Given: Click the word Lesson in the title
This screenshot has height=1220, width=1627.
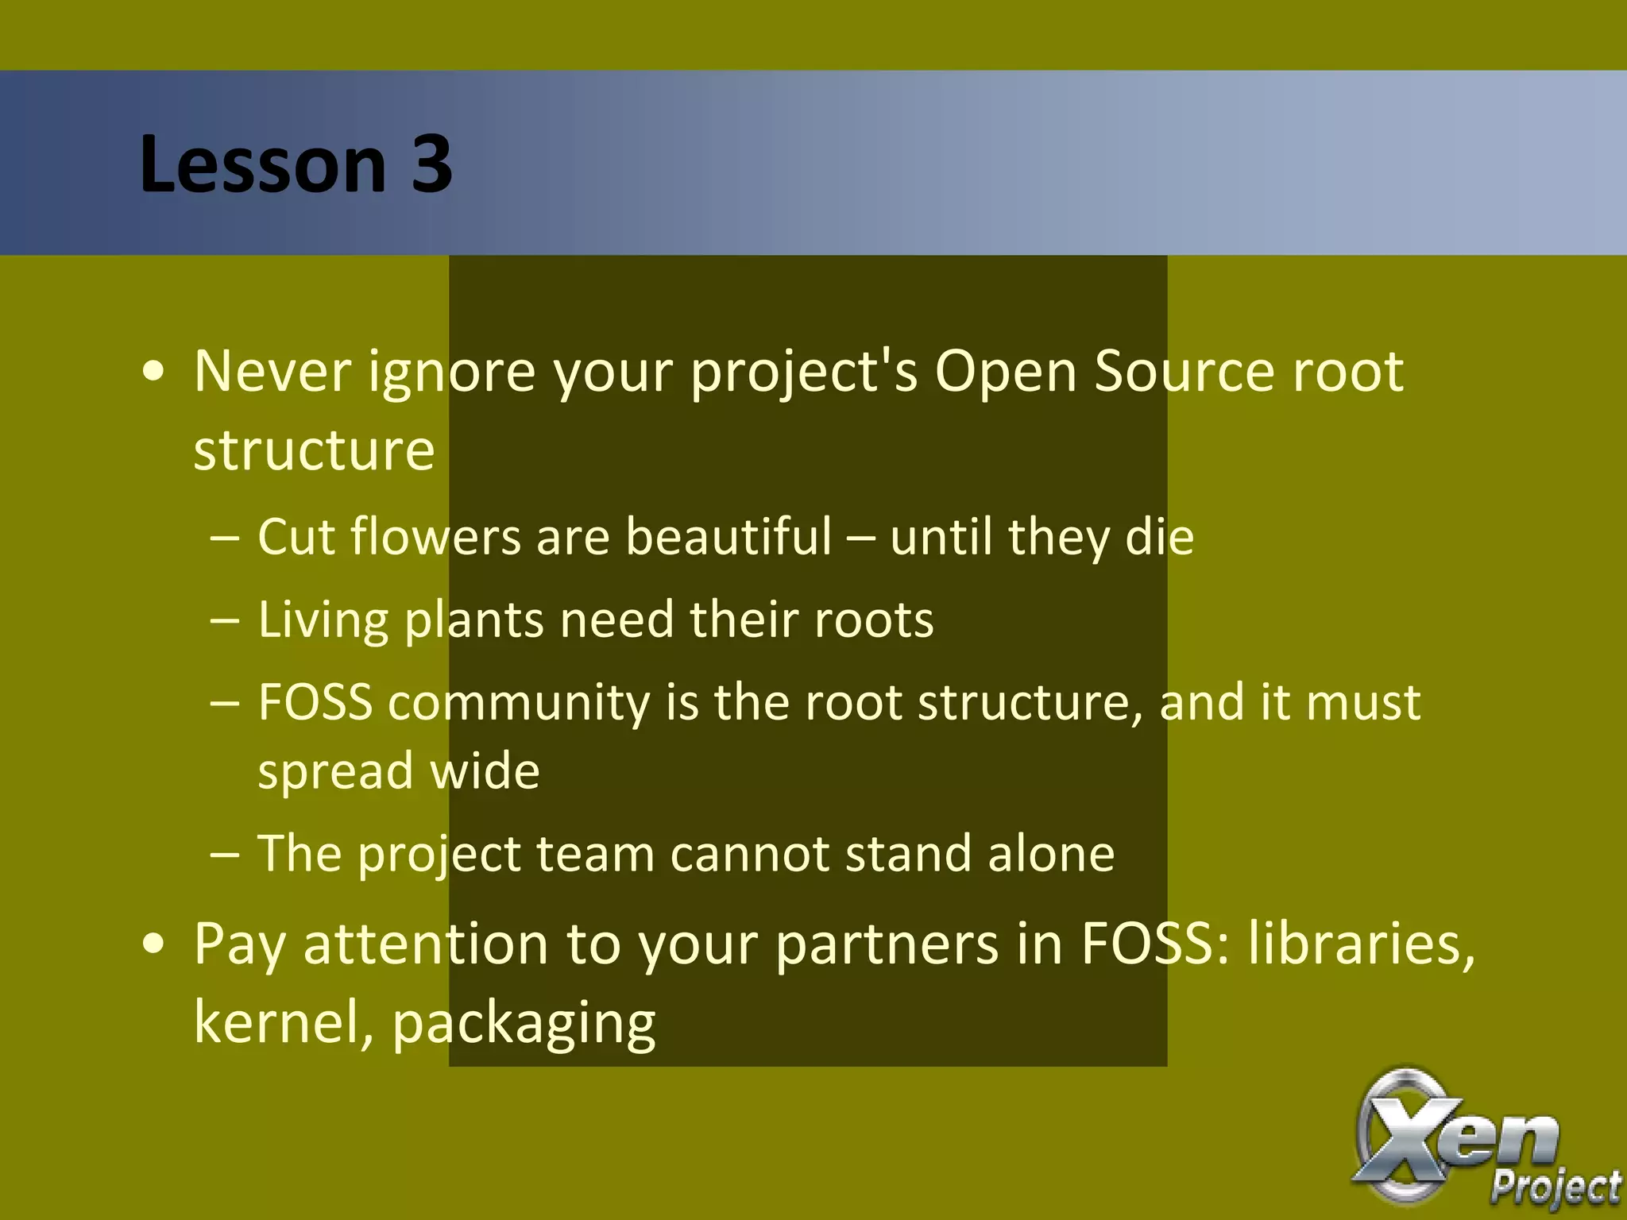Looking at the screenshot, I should click(263, 164).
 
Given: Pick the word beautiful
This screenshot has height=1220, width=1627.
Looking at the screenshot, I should click(728, 536).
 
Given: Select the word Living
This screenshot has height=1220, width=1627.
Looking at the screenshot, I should click(323, 620).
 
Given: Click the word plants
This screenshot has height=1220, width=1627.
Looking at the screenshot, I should click(474, 620).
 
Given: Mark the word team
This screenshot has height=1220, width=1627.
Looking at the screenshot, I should click(595, 854).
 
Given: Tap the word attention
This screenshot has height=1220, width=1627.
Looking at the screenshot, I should click(426, 944).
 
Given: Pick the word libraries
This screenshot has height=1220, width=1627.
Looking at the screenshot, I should click(1361, 944).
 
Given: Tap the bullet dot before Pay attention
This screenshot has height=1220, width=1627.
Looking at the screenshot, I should click(154, 945).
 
